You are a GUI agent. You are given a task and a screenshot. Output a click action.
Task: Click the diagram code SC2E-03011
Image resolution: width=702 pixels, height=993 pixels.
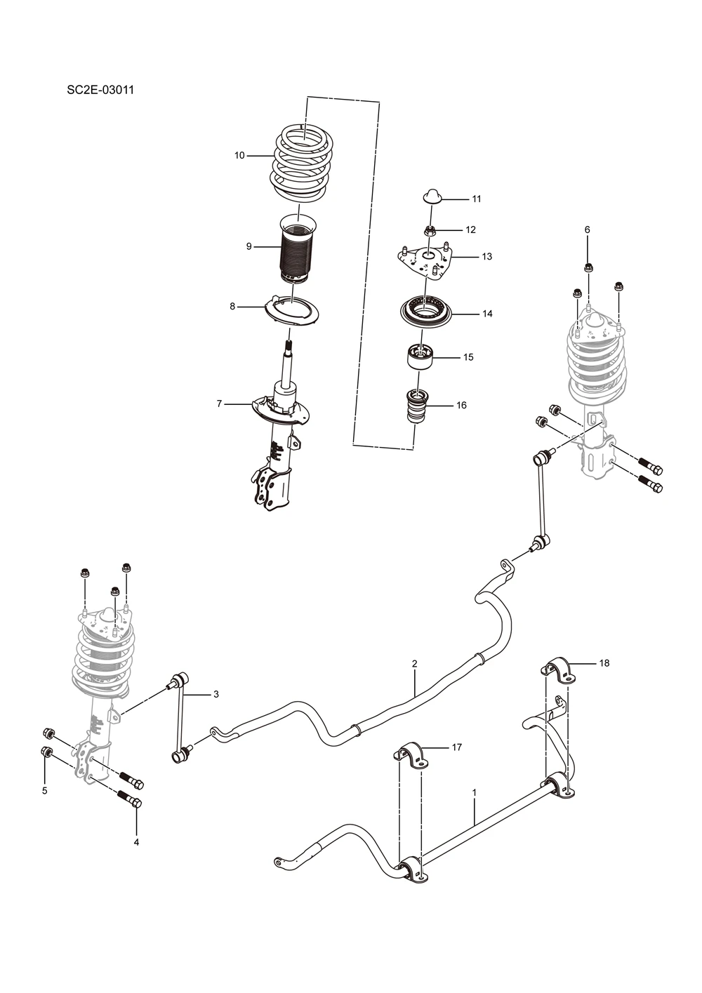[x=100, y=90]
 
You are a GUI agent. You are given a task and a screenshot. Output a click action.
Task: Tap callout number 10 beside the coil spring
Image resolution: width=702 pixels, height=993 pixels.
[x=239, y=156]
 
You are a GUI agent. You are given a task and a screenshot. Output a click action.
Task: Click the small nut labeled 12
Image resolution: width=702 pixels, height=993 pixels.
[x=428, y=229]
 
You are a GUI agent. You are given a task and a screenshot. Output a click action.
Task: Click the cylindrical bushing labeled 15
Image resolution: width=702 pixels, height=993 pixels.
[x=420, y=356]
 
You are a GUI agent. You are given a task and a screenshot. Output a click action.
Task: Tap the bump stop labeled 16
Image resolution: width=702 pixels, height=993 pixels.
[x=417, y=406]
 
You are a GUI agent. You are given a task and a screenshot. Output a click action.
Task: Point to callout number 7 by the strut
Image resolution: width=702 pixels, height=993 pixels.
[x=219, y=404]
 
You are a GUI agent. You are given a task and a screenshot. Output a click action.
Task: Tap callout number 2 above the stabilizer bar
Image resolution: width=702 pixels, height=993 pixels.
[x=414, y=664]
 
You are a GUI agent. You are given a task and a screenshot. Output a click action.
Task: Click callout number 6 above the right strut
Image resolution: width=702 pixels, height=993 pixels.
[x=587, y=229]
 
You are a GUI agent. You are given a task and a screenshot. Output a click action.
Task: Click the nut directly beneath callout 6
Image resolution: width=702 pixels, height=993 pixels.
[x=588, y=267]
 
